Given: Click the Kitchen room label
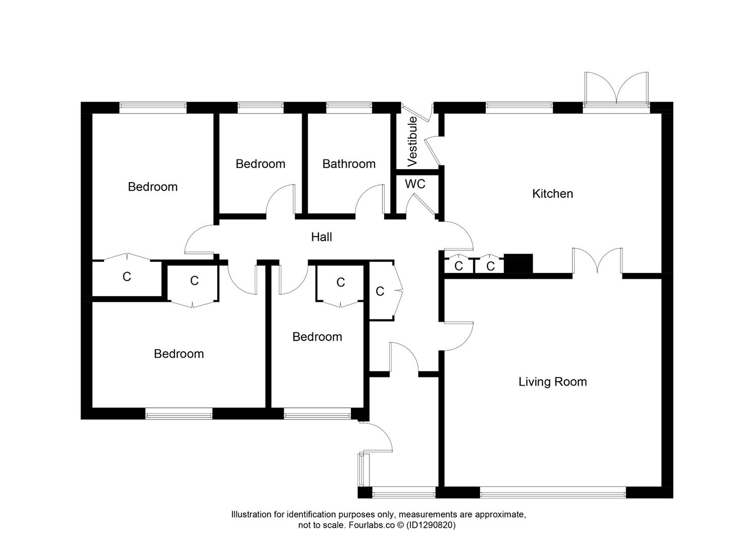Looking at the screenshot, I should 552,194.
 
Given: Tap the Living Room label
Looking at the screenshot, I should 552,382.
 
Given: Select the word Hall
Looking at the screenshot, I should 322,237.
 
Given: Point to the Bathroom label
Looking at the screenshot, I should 349,164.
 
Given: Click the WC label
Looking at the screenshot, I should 415,184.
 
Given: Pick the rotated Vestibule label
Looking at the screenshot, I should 412,141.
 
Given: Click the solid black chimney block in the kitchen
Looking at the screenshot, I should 518,263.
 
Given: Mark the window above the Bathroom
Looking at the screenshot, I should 349,107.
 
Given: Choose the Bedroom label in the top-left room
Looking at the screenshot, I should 153,187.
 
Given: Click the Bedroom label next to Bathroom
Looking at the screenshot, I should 261,164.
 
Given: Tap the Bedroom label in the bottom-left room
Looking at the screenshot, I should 179,354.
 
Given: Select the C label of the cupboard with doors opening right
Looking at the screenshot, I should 380,291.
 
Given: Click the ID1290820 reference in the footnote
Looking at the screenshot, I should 431,525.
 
